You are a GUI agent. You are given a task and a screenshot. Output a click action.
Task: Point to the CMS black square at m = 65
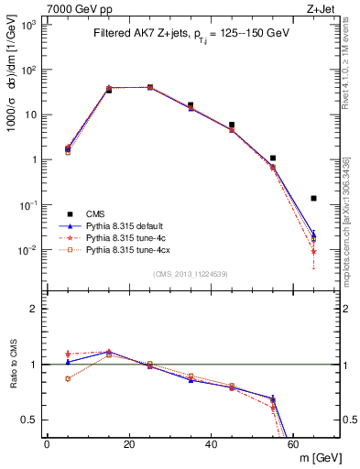pos(314,198)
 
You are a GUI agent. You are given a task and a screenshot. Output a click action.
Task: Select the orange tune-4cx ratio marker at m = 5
pos(68,378)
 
